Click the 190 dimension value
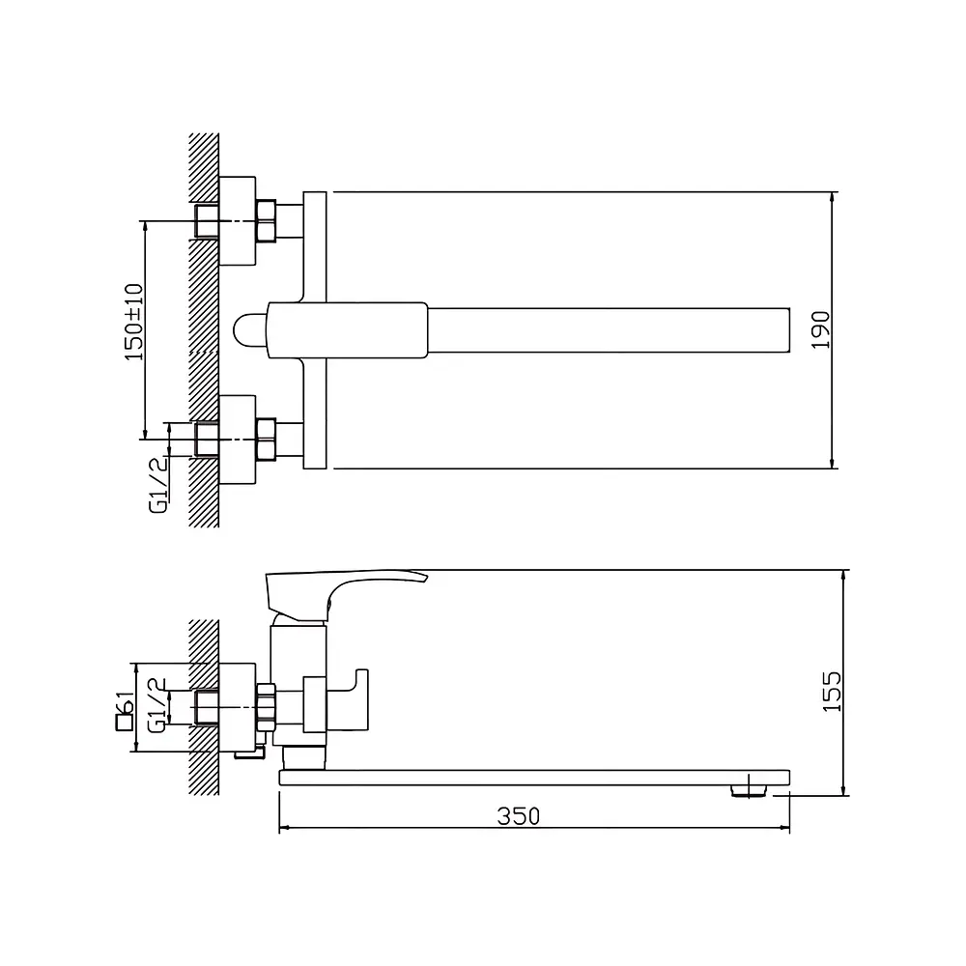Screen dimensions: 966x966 tap(820, 330)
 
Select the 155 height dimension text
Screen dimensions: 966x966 tap(832, 692)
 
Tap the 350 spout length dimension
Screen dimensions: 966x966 tap(519, 816)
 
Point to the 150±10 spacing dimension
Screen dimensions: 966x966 tap(133, 323)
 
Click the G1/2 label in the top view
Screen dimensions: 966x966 tap(158, 485)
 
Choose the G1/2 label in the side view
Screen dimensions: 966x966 tap(157, 705)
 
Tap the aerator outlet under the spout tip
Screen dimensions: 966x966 tap(749, 791)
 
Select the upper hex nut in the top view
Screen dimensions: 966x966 tap(267, 220)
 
